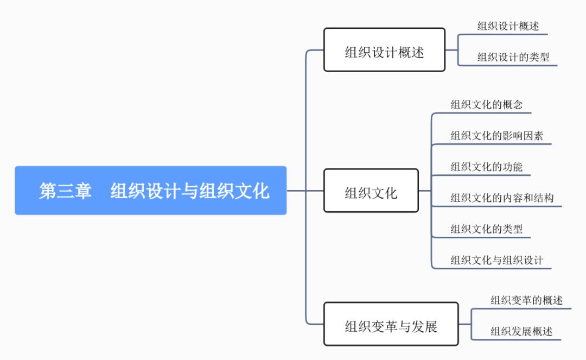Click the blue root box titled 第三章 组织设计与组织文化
point(150,191)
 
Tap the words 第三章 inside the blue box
point(65,191)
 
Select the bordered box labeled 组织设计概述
point(384,50)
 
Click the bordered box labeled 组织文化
point(371,191)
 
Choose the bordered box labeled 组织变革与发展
point(391,324)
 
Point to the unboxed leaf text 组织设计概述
point(508,26)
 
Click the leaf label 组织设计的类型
point(513,56)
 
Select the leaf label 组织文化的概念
point(486,104)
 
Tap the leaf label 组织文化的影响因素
point(496,135)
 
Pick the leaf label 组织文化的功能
point(486,167)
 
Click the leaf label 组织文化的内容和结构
point(502,198)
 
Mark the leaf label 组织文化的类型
point(486,229)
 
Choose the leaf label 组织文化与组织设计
point(496,260)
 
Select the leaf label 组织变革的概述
point(526,300)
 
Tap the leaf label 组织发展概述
point(521,331)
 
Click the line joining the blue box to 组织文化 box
point(305,191)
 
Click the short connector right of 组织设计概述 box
point(451,50)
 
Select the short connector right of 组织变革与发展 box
point(464,324)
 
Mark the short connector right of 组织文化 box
point(425,191)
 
